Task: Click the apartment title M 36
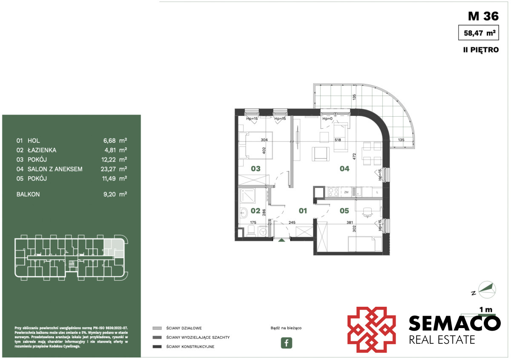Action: [x=483, y=16]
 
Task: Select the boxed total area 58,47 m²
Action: [x=478, y=33]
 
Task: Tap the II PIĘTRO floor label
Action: [x=481, y=50]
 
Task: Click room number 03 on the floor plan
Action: [x=255, y=169]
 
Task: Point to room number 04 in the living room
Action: [x=344, y=169]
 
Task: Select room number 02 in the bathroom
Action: [x=255, y=211]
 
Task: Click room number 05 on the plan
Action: [x=344, y=211]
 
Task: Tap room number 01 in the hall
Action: [x=303, y=211]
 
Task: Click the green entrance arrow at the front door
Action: [x=281, y=240]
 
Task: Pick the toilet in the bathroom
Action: [x=251, y=230]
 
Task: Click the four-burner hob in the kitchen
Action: [x=333, y=192]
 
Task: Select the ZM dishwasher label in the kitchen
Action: [x=346, y=192]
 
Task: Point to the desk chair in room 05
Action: [x=367, y=212]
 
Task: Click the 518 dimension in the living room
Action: [x=338, y=140]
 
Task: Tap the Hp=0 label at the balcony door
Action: [x=327, y=119]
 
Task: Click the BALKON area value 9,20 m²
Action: [x=115, y=194]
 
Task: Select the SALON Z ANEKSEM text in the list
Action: [x=55, y=169]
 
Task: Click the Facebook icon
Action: [x=286, y=343]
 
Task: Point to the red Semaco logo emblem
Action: [x=371, y=330]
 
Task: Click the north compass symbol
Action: [x=487, y=290]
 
